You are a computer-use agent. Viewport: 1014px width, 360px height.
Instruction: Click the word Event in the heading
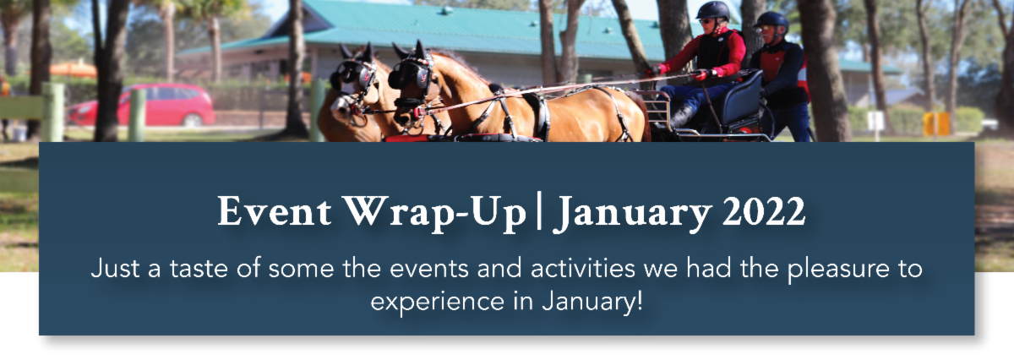click(275, 210)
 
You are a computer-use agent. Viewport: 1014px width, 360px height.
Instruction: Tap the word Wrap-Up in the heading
click(434, 213)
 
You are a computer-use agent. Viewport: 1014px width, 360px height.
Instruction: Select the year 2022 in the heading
click(764, 211)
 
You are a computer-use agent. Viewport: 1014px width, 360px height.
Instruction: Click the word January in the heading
click(633, 214)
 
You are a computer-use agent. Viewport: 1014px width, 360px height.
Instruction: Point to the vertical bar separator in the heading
click(539, 211)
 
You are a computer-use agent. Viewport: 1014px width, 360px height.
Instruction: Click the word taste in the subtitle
click(199, 269)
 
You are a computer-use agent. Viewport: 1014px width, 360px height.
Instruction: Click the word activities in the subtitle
click(582, 268)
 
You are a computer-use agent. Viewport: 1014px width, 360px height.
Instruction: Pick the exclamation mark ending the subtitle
click(639, 301)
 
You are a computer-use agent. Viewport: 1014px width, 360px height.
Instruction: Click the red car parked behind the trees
click(141, 105)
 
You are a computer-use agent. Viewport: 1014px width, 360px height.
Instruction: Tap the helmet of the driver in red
click(712, 10)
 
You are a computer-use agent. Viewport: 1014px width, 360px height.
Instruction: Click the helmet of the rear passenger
click(771, 20)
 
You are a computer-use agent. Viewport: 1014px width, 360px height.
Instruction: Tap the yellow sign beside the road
click(936, 123)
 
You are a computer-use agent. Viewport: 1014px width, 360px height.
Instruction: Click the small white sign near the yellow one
click(875, 121)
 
